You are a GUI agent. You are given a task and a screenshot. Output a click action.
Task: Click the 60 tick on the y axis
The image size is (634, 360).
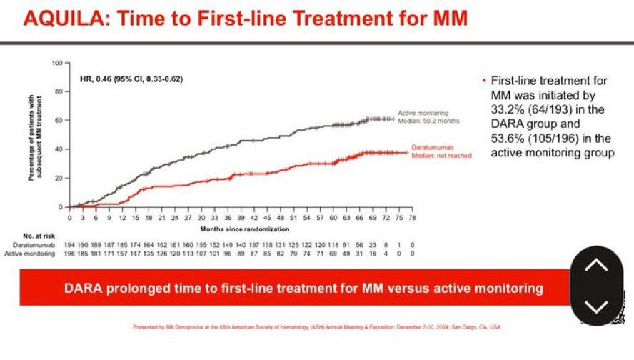(61, 120)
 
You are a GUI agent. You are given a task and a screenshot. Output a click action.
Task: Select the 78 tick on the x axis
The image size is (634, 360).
(411, 214)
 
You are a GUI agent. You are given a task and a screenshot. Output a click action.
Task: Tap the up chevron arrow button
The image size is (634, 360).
(596, 265)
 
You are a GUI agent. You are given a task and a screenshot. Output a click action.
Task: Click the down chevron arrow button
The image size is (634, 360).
(596, 306)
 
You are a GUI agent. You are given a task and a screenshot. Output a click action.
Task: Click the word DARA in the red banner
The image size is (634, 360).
(83, 289)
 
